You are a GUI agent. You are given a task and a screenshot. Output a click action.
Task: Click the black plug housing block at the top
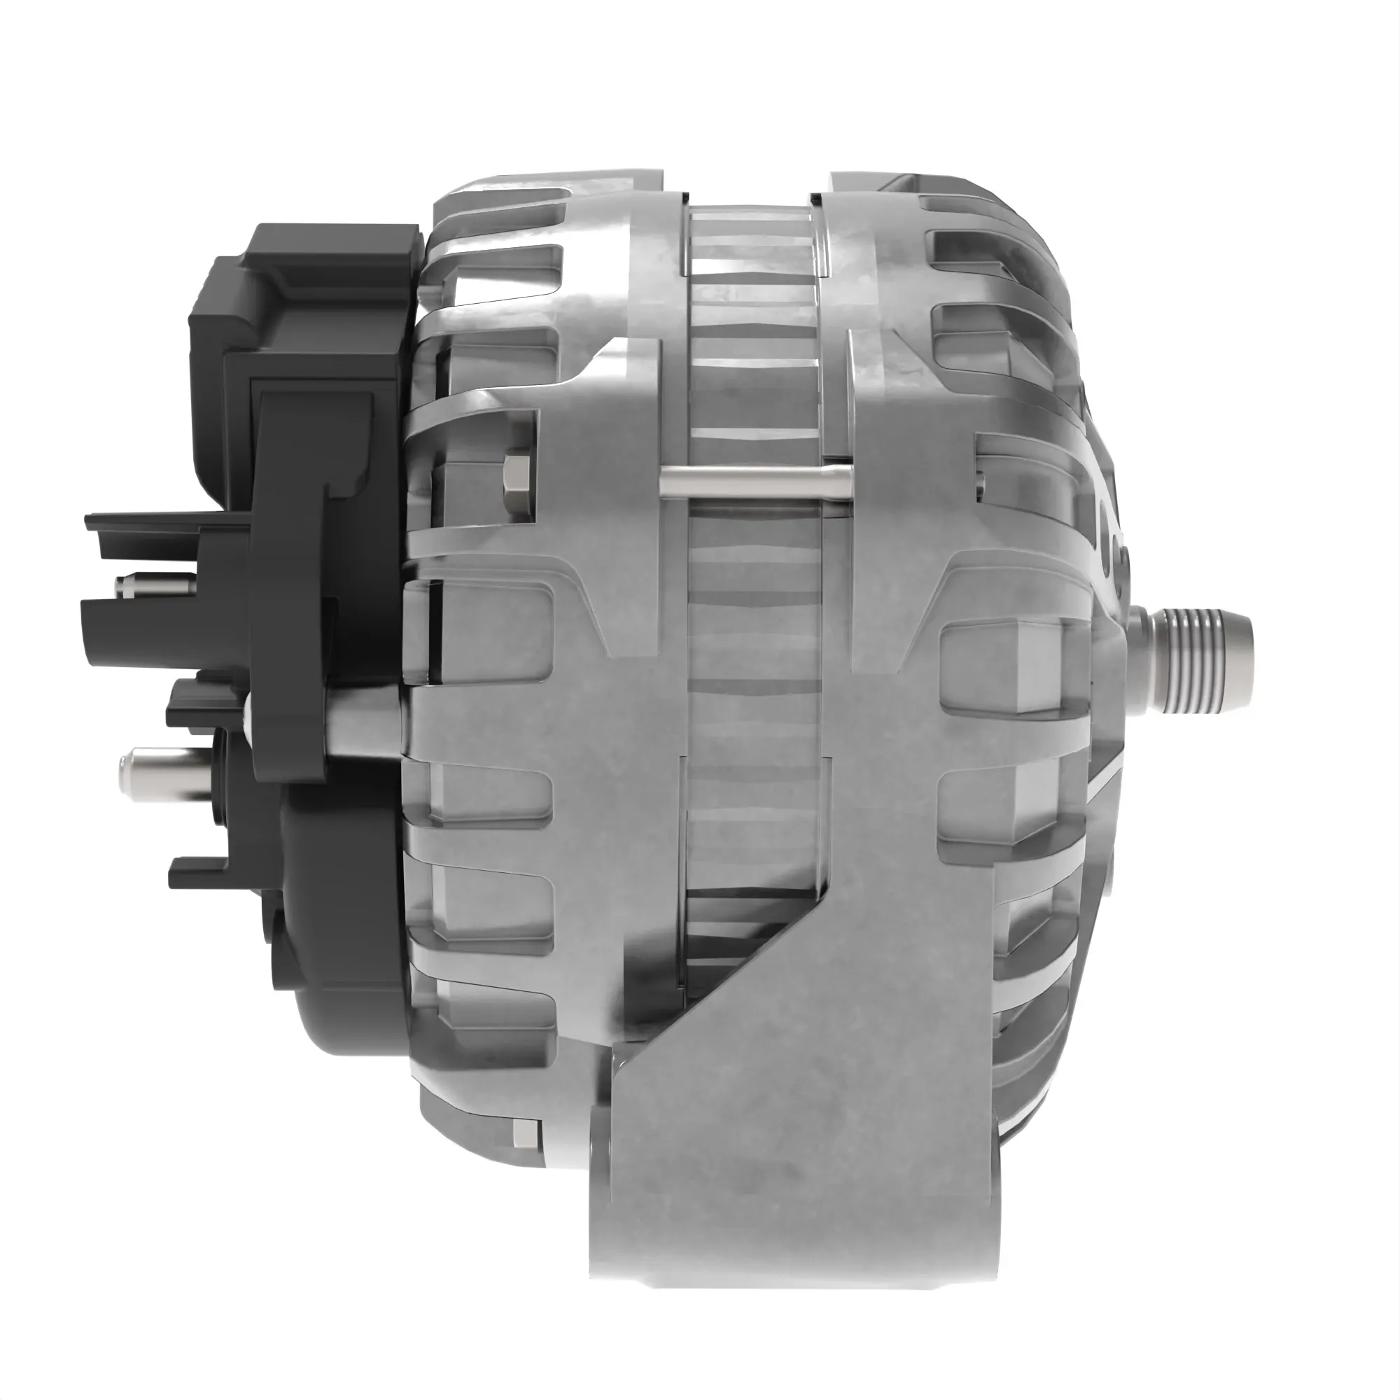(304, 290)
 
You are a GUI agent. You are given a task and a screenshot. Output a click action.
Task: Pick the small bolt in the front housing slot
(981, 484)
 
